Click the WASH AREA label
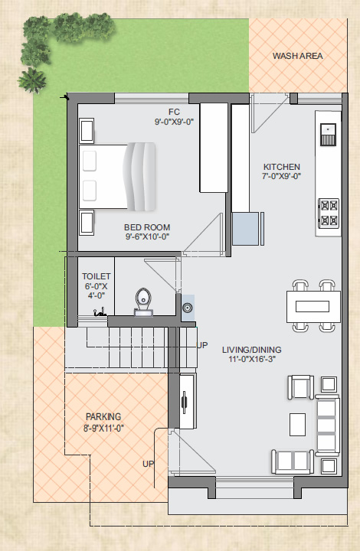click(297, 56)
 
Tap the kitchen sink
click(328, 134)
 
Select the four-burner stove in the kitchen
click(329, 213)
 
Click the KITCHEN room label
click(282, 167)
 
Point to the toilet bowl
click(143, 302)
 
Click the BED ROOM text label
click(147, 227)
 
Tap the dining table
click(313, 306)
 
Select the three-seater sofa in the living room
click(327, 425)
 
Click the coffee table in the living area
click(297, 425)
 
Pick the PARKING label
click(103, 417)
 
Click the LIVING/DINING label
click(252, 350)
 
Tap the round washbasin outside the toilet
click(188, 308)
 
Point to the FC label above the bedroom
click(174, 112)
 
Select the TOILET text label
click(97, 276)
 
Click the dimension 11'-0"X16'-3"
click(252, 359)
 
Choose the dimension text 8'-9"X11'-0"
click(103, 429)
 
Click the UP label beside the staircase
click(201, 345)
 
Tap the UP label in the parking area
click(148, 464)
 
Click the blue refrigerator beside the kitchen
click(245, 228)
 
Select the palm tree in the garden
click(32, 80)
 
